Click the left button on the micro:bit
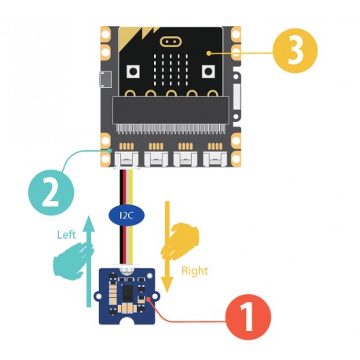tap(134, 72)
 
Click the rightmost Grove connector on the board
tap(212, 159)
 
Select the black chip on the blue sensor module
tap(129, 292)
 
